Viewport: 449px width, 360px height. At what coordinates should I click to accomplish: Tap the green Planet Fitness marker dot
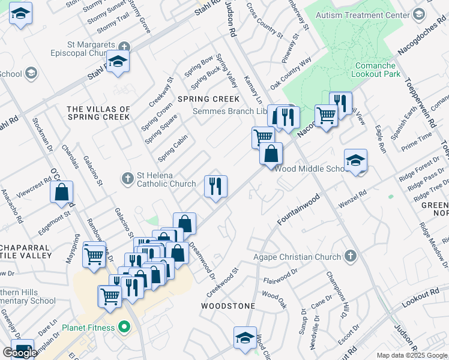tap(124, 328)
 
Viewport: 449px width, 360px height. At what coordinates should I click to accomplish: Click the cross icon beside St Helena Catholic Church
tap(127, 179)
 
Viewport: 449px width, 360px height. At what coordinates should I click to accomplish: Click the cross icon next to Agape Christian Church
tap(350, 257)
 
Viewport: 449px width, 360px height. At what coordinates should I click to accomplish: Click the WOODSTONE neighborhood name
tap(228, 306)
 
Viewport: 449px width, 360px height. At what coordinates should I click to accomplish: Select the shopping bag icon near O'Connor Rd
tap(61, 193)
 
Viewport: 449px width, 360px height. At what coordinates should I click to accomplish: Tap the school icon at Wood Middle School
tap(355, 161)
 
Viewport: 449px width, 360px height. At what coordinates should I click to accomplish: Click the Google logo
tap(20, 352)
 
